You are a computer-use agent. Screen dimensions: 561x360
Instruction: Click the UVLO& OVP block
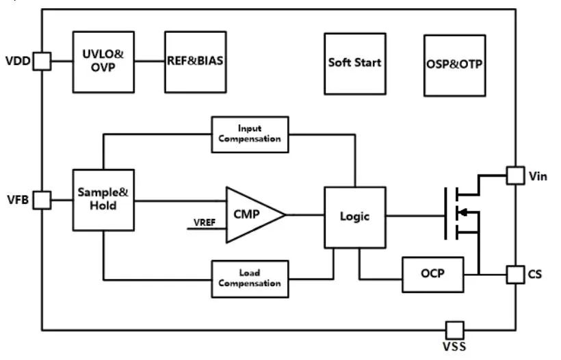coord(103,62)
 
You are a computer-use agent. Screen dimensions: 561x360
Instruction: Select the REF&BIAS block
coord(196,62)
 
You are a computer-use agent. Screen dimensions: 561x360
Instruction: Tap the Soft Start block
coord(355,64)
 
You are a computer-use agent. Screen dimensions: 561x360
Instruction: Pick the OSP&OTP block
coord(455,66)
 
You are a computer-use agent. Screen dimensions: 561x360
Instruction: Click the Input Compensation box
coord(250,135)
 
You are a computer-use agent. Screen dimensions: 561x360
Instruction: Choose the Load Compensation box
coord(250,279)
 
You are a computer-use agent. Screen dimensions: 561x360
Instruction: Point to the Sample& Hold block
coord(103,200)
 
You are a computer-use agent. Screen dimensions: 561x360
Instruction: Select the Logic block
coord(355,217)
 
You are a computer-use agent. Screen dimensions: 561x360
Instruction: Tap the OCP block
coord(433,274)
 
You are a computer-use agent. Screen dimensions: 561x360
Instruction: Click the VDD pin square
coord(42,61)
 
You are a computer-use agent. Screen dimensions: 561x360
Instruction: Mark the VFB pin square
coord(42,200)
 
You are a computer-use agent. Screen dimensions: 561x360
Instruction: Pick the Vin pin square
coord(516,176)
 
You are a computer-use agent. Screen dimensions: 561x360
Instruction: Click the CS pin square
coord(516,275)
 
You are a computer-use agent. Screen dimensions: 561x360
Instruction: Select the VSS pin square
coord(455,330)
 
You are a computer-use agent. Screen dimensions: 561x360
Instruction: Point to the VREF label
coord(205,222)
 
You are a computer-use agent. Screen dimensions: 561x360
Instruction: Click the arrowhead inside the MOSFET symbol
coord(462,213)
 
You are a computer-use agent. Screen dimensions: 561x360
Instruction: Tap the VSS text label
coord(454,346)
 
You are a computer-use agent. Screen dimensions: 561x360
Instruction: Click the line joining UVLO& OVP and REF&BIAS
coord(150,61)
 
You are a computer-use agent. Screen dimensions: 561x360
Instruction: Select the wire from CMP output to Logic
coord(305,215)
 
